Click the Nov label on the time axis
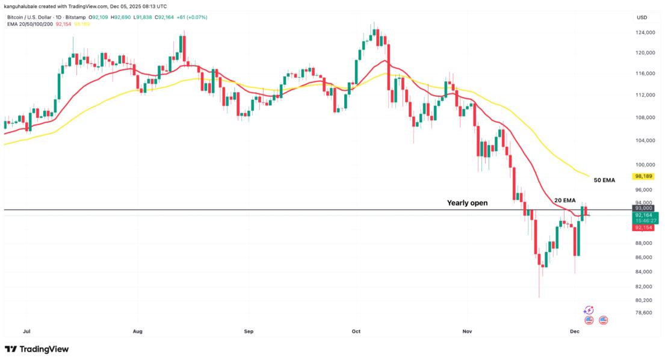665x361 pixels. click(x=467, y=331)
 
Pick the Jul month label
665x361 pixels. click(x=26, y=331)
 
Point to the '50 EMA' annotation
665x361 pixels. click(x=605, y=180)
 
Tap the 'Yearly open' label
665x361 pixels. click(x=467, y=203)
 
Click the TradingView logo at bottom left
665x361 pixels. click(x=37, y=349)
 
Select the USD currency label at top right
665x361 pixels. click(x=642, y=17)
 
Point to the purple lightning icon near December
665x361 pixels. click(x=589, y=310)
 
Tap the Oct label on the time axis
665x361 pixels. click(x=356, y=331)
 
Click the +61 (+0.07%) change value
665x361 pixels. click(x=191, y=17)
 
